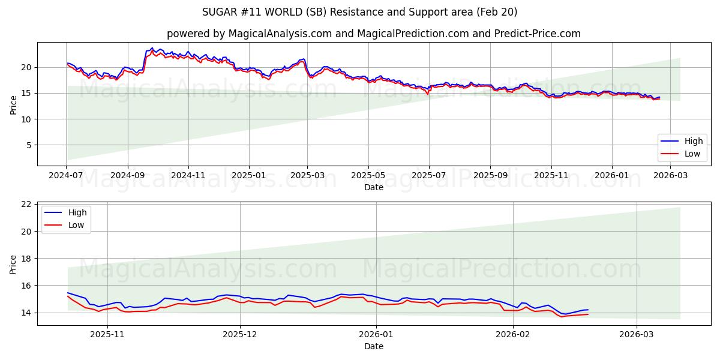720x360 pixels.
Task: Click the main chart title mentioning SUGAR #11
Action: [x=360, y=12]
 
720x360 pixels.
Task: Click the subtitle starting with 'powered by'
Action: [x=373, y=34]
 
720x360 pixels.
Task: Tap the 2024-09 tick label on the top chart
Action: [x=127, y=176]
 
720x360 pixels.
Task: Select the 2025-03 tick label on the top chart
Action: [x=307, y=176]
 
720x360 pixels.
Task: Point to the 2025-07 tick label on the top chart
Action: [x=428, y=176]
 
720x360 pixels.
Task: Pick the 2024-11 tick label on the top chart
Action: [x=188, y=176]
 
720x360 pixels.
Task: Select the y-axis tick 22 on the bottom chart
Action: [x=26, y=204]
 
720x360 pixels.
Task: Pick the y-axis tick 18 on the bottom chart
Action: [x=26, y=259]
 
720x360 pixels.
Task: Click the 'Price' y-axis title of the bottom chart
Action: [x=13, y=264]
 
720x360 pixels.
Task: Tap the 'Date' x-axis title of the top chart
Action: [x=373, y=187]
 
